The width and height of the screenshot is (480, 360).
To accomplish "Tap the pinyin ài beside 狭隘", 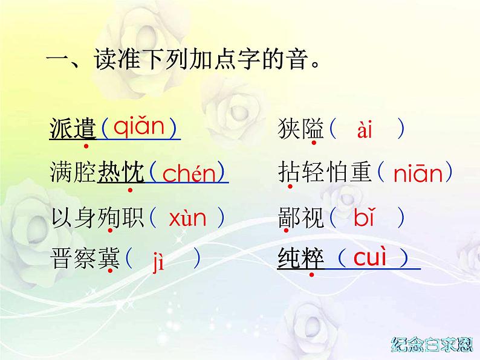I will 365,130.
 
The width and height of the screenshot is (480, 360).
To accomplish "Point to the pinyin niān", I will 418,174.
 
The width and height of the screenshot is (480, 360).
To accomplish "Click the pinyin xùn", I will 187,217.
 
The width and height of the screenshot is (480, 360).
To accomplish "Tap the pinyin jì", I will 158,262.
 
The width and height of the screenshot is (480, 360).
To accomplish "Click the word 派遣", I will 73,128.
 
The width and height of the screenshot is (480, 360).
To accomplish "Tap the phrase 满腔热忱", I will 97,173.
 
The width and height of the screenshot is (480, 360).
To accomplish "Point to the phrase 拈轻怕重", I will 324,173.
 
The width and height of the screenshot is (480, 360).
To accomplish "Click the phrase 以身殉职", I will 97,217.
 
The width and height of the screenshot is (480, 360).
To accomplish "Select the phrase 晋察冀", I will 85,260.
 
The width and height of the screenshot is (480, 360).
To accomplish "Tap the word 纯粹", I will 300,260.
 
